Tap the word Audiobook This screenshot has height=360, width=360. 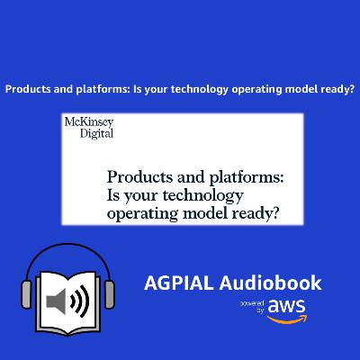click(x=273, y=283)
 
